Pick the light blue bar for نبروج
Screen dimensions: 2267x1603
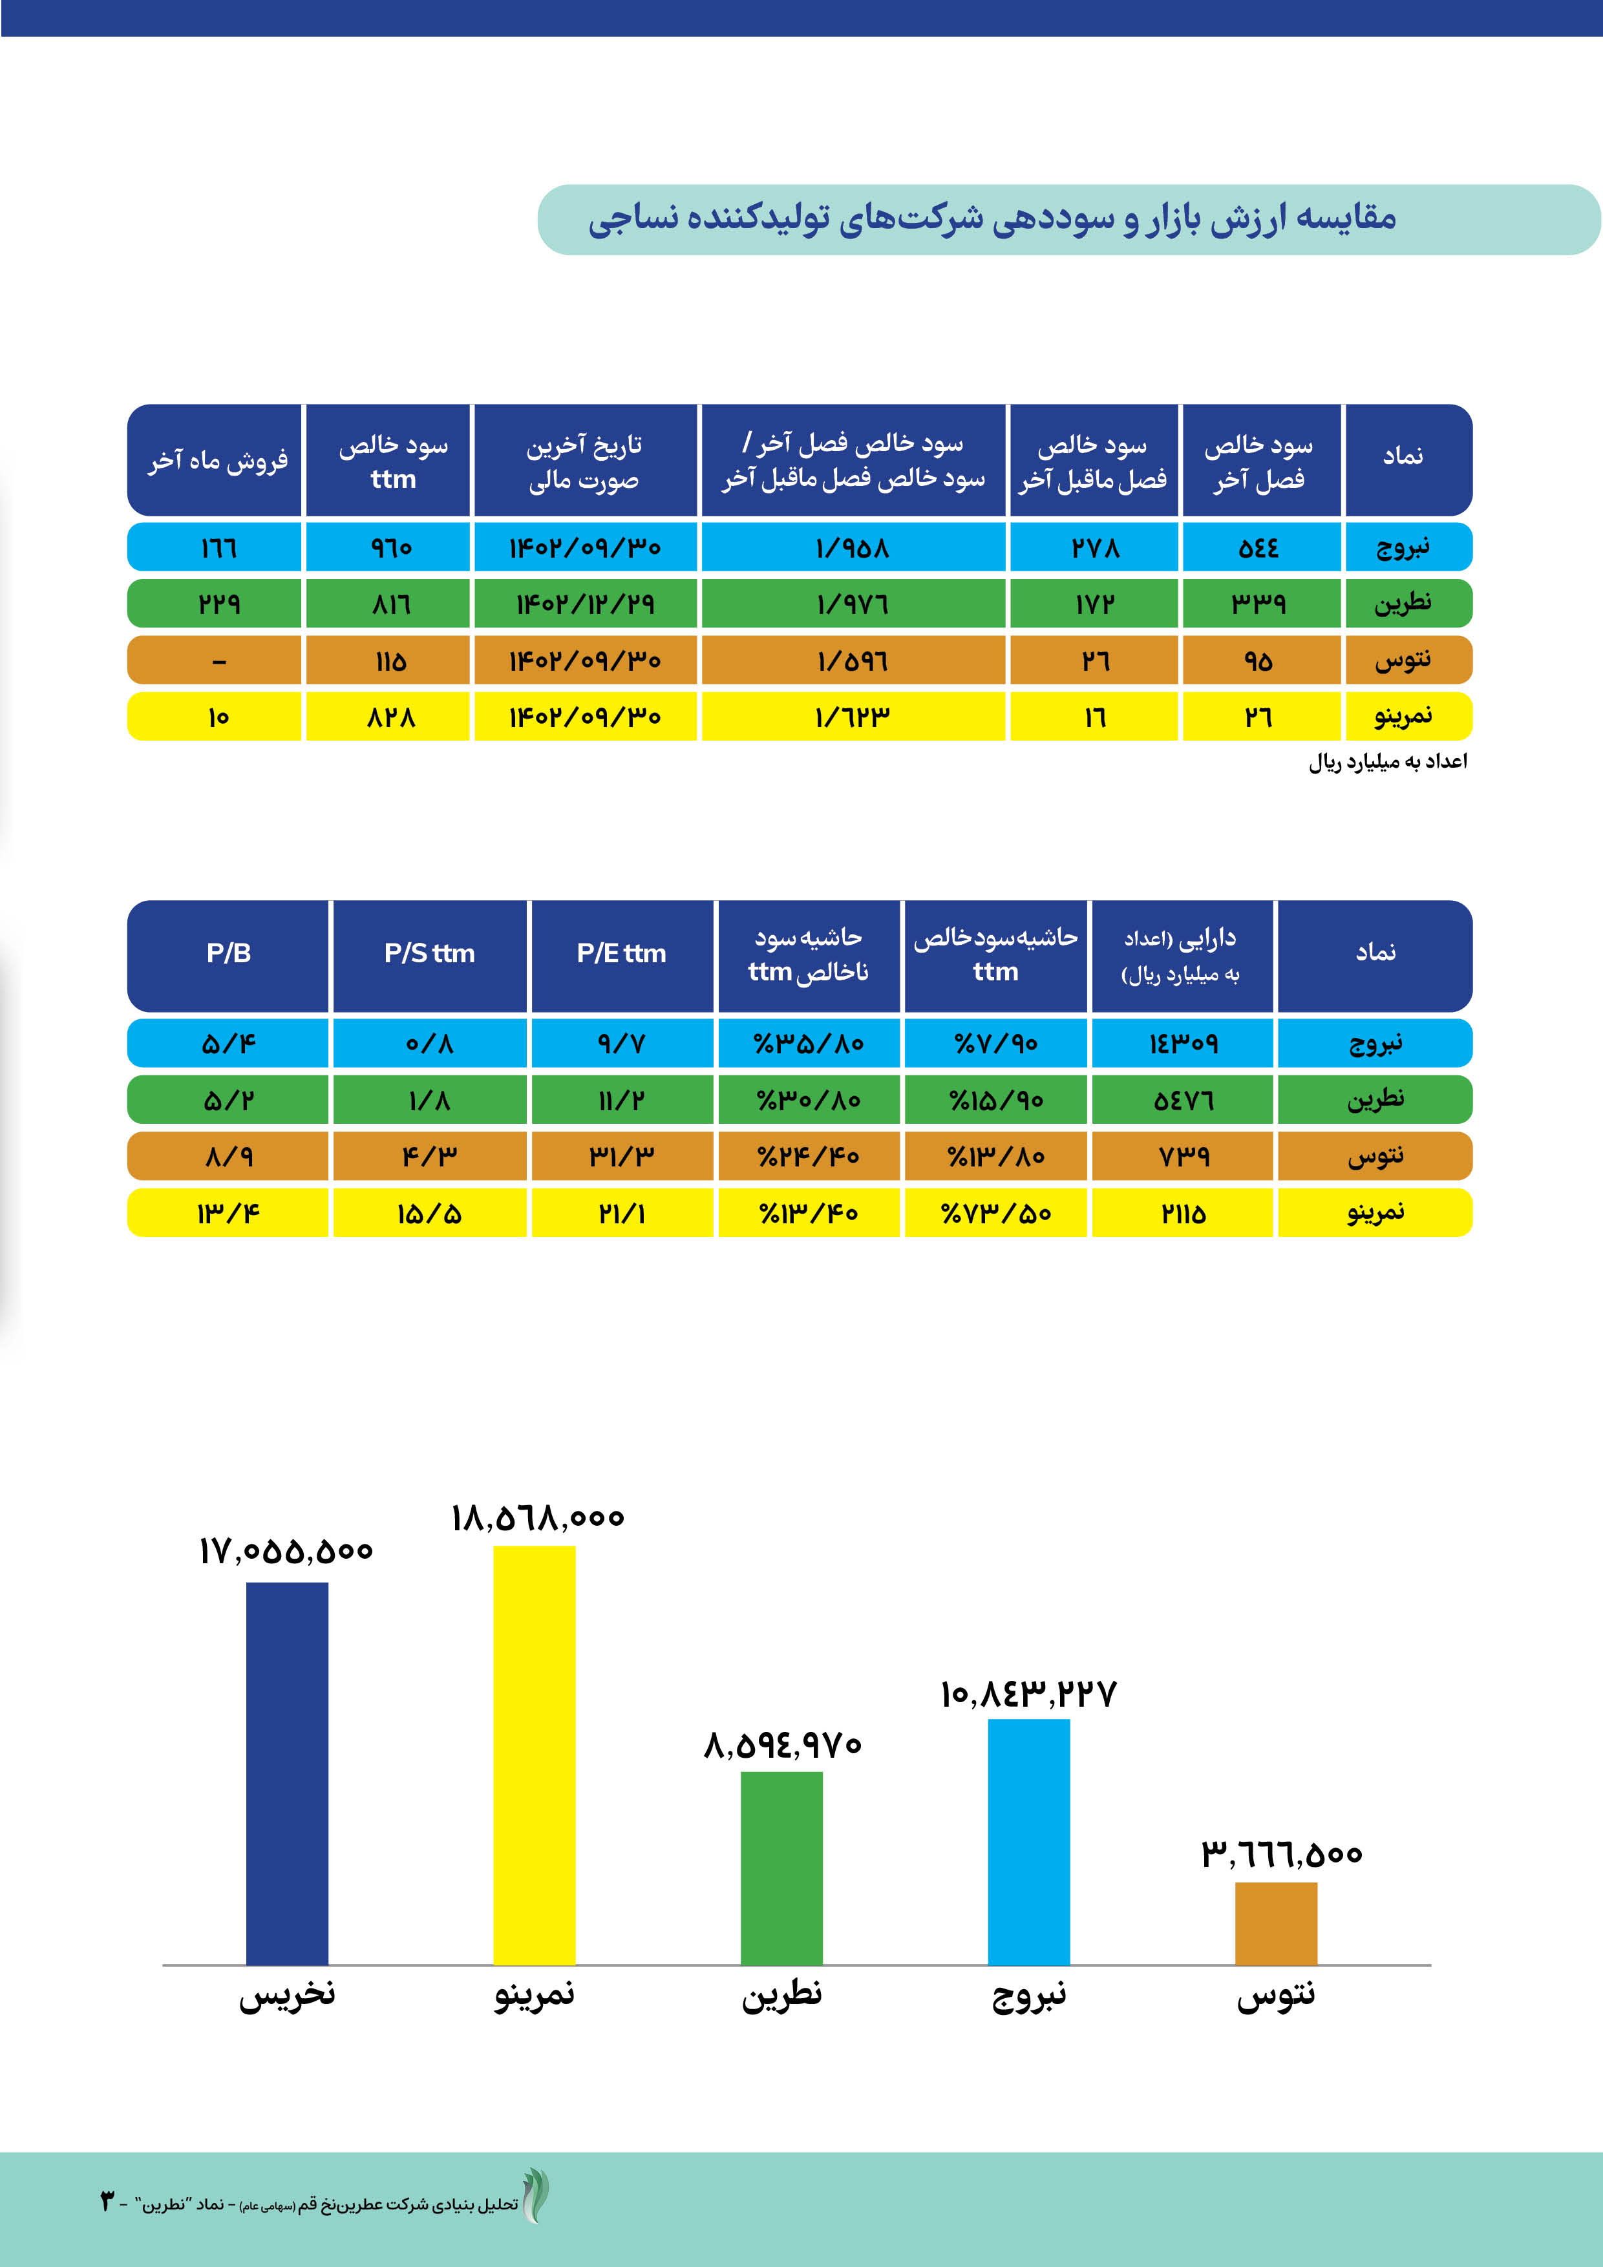pos(1028,1841)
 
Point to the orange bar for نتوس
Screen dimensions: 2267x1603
pos(1275,1923)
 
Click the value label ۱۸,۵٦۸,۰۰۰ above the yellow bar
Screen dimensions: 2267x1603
pos(537,1517)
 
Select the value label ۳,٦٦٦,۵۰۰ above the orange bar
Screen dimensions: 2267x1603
pos(1281,1853)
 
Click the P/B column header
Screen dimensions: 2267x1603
pos(228,954)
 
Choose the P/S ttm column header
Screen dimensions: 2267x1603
pos(430,954)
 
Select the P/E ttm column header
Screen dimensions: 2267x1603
pos(621,954)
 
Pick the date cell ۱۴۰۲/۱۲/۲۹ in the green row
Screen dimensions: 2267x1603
pos(585,604)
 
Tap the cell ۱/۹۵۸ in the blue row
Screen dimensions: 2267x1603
pos(853,547)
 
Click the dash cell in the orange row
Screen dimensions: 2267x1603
pos(218,660)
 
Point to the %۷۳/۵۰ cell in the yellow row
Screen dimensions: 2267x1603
pos(995,1212)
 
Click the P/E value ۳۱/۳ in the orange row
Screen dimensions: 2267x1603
pos(621,1156)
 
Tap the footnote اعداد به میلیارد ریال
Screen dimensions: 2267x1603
pos(1388,761)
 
